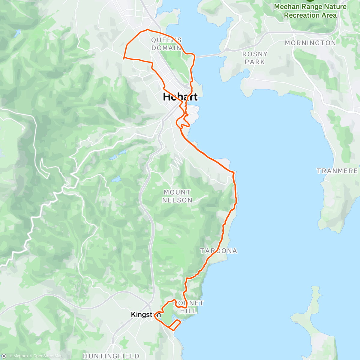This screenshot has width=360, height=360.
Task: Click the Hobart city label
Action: tap(180, 97)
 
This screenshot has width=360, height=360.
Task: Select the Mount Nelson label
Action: tap(177, 196)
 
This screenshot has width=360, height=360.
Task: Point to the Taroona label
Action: tap(218, 251)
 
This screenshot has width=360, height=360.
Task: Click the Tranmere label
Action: tap(337, 171)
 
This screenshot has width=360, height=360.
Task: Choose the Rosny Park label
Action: tap(255, 58)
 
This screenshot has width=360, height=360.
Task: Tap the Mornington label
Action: tap(310, 43)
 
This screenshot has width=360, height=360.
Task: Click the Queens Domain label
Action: tap(166, 44)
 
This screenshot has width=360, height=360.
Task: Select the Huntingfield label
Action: tap(111, 356)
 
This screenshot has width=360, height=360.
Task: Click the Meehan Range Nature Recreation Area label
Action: tap(310, 11)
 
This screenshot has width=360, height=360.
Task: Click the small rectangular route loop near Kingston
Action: tap(174, 325)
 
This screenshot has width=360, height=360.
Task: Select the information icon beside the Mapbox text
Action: tap(4, 356)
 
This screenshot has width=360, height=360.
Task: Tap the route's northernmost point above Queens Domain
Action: tap(147, 29)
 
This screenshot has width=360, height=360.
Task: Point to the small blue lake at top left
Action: tap(18, 31)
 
